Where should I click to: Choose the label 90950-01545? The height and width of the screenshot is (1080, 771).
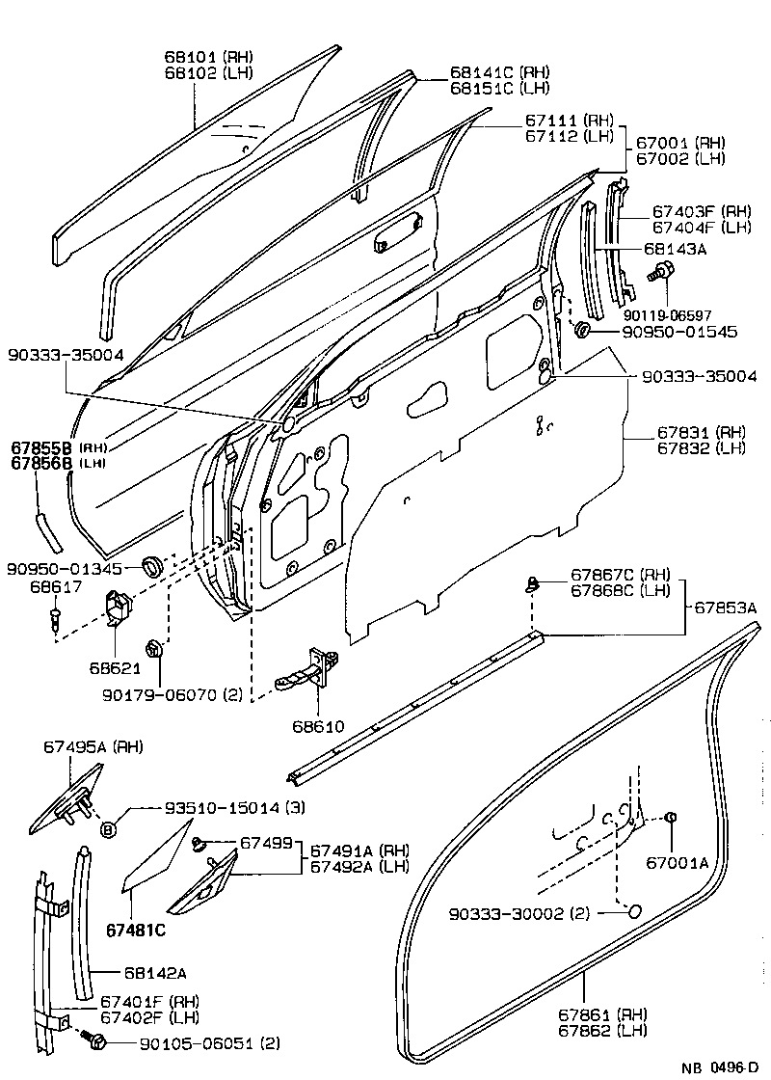tap(666, 332)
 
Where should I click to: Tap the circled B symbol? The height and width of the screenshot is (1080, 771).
tap(108, 827)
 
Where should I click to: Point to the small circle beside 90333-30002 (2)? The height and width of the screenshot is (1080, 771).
tap(634, 912)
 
